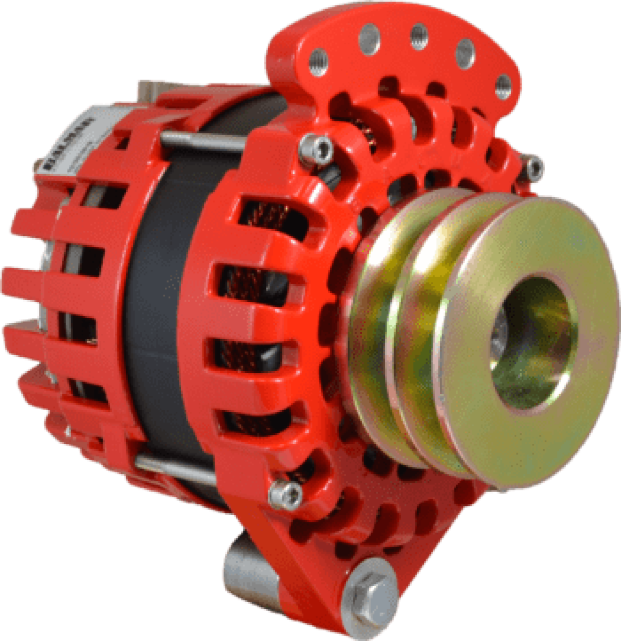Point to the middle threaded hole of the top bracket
419,35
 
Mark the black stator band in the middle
160,299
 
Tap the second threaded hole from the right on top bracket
465,51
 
